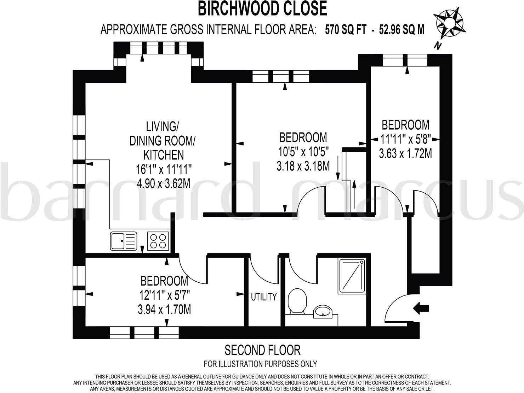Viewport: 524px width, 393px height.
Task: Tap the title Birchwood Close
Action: click(262, 9)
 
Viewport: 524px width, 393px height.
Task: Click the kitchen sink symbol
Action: click(123, 241)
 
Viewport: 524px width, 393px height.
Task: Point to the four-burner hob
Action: click(158, 241)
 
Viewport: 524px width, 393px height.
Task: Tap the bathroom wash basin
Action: click(322, 311)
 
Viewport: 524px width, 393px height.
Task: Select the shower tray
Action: click(352, 276)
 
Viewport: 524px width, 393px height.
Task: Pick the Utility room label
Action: click(263, 297)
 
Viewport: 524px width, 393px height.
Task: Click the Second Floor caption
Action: click(262, 350)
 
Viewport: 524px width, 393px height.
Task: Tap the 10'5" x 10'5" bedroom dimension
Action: click(303, 152)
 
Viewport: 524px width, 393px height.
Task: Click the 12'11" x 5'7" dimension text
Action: click(164, 295)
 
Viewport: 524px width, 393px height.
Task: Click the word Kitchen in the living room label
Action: click(163, 155)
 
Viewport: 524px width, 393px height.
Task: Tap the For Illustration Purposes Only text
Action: click(260, 364)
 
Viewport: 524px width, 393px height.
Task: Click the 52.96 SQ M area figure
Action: click(401, 30)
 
